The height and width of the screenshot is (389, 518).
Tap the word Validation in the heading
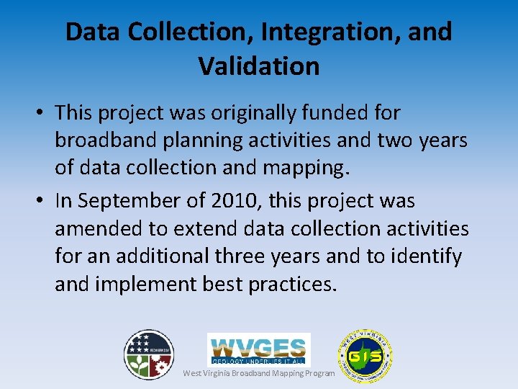point(259,66)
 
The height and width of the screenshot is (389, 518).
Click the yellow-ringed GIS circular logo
point(365,356)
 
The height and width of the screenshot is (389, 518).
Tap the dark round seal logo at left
point(149,354)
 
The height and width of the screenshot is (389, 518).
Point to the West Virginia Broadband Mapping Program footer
point(259,373)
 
